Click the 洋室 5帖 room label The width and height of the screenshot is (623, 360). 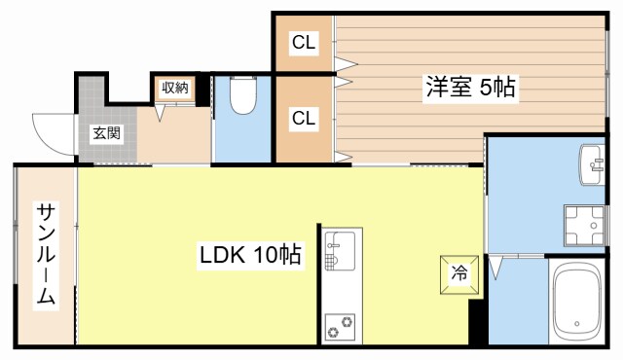point(469,87)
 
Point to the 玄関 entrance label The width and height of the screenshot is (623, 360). point(106,134)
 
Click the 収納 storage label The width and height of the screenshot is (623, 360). point(174,88)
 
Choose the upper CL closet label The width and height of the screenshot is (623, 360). point(304,43)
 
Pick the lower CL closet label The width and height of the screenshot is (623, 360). point(304,118)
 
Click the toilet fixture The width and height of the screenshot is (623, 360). point(241,96)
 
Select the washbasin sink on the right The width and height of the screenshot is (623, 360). point(591,163)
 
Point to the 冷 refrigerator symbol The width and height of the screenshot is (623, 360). point(458,273)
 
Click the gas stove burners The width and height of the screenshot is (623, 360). point(342,323)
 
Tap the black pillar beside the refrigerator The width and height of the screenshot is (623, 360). point(477,322)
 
